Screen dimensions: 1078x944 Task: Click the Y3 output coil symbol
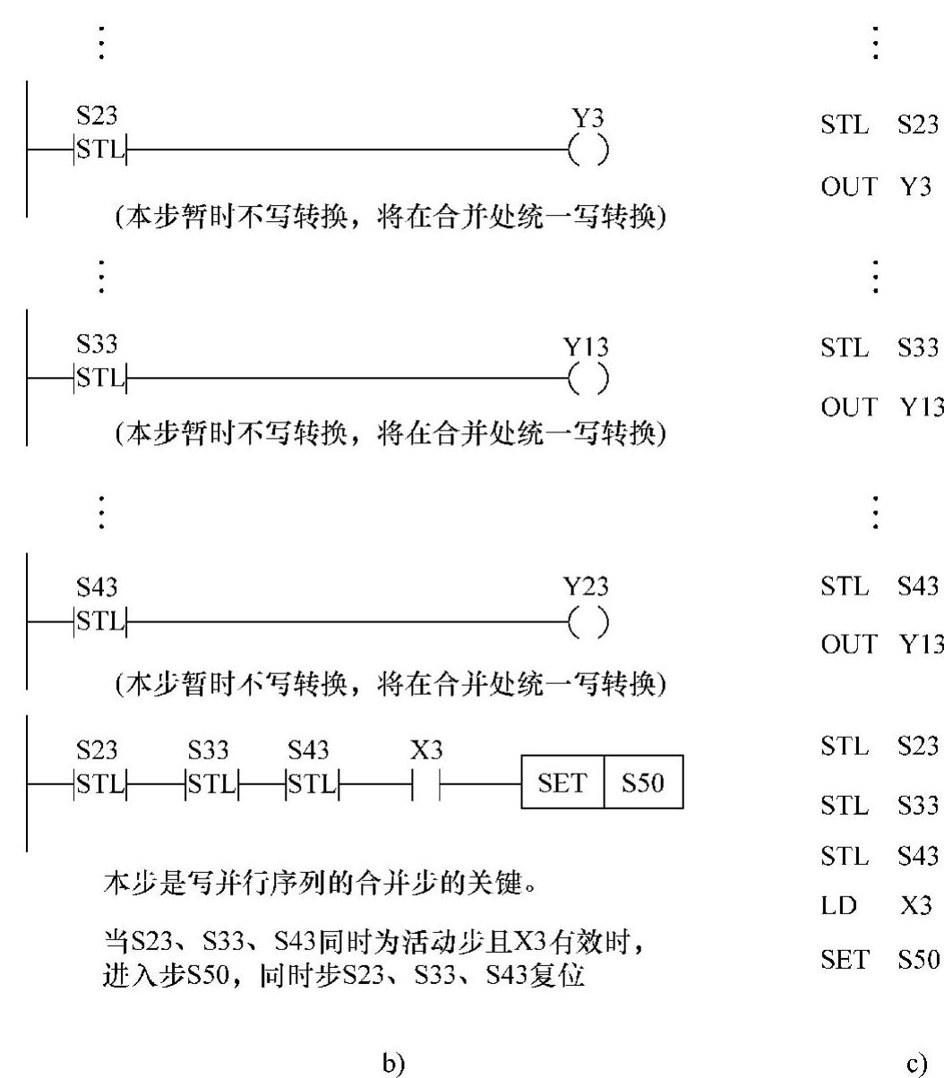588,151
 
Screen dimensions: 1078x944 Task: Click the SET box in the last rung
562,783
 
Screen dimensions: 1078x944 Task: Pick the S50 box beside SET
643,783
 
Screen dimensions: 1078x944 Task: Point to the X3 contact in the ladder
426,784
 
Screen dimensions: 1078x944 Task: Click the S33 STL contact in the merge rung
210,784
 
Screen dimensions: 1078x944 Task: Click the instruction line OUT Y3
873,186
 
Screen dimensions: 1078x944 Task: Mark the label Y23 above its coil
586,587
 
